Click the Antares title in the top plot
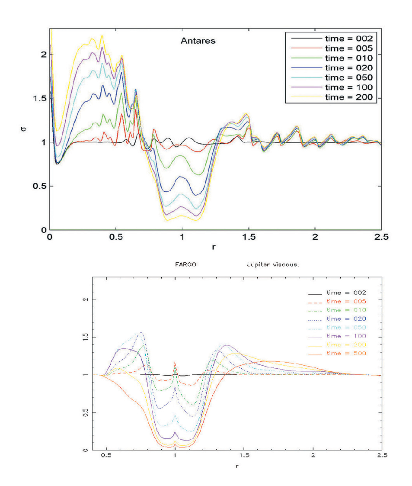point(198,41)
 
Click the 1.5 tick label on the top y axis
point(39,99)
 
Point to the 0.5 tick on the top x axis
point(116,237)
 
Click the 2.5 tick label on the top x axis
point(381,237)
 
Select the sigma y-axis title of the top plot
point(24,129)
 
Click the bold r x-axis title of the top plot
point(214,247)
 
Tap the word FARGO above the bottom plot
point(186,264)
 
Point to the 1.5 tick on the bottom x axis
point(244,455)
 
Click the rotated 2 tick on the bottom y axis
point(86,299)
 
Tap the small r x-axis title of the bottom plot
point(237,466)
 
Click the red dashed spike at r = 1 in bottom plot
point(175,362)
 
